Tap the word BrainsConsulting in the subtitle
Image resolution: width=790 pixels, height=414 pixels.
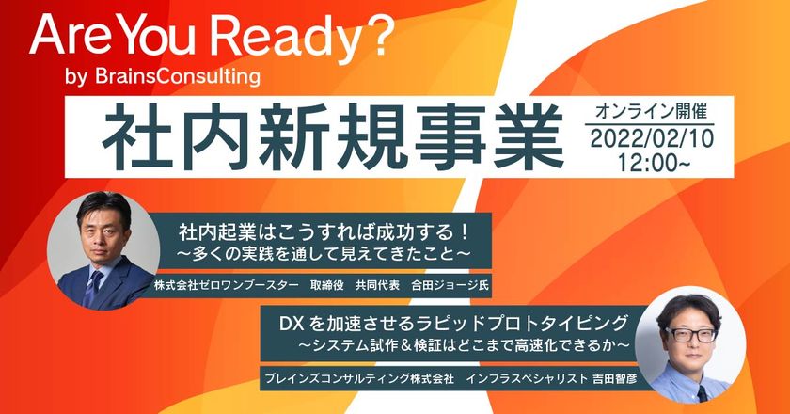178,76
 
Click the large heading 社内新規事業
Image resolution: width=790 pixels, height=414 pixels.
333,136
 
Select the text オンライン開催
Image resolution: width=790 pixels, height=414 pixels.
651,111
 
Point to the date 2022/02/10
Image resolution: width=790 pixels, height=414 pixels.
652,139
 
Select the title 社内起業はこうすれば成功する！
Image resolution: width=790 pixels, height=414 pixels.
324,233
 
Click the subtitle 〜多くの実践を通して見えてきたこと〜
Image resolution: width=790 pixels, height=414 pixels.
324,254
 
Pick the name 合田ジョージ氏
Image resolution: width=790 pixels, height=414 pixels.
450,285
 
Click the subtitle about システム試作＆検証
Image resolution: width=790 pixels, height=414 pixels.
464,345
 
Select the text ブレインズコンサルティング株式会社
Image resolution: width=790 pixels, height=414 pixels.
359,378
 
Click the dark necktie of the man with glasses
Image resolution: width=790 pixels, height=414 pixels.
702,393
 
